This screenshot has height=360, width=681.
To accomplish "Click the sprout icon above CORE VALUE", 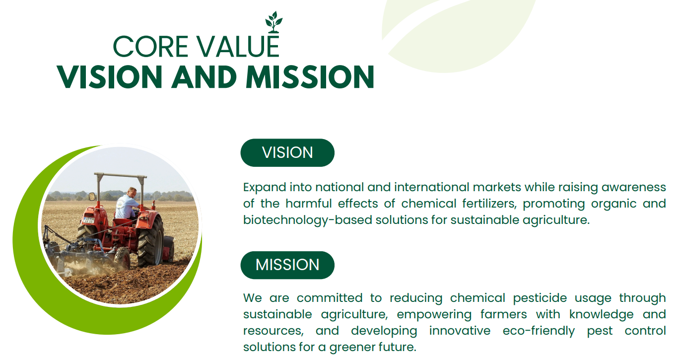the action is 273,22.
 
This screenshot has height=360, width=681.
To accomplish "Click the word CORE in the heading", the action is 151,47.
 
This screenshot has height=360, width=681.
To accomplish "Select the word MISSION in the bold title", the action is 310,77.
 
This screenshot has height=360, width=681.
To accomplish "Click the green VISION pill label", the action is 287,152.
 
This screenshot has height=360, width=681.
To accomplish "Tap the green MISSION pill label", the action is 287,265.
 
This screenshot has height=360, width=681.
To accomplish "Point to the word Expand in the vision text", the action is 265,187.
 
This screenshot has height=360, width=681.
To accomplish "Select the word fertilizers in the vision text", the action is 489,204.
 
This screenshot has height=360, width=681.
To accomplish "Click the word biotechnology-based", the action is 308,220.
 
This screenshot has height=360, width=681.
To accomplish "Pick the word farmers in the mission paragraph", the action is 503,314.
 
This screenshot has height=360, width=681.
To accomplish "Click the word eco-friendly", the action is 539,331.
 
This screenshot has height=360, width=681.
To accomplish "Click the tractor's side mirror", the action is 92,197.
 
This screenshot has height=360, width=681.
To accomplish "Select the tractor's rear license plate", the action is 89,220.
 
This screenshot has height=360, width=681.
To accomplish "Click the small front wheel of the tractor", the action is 123,258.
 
